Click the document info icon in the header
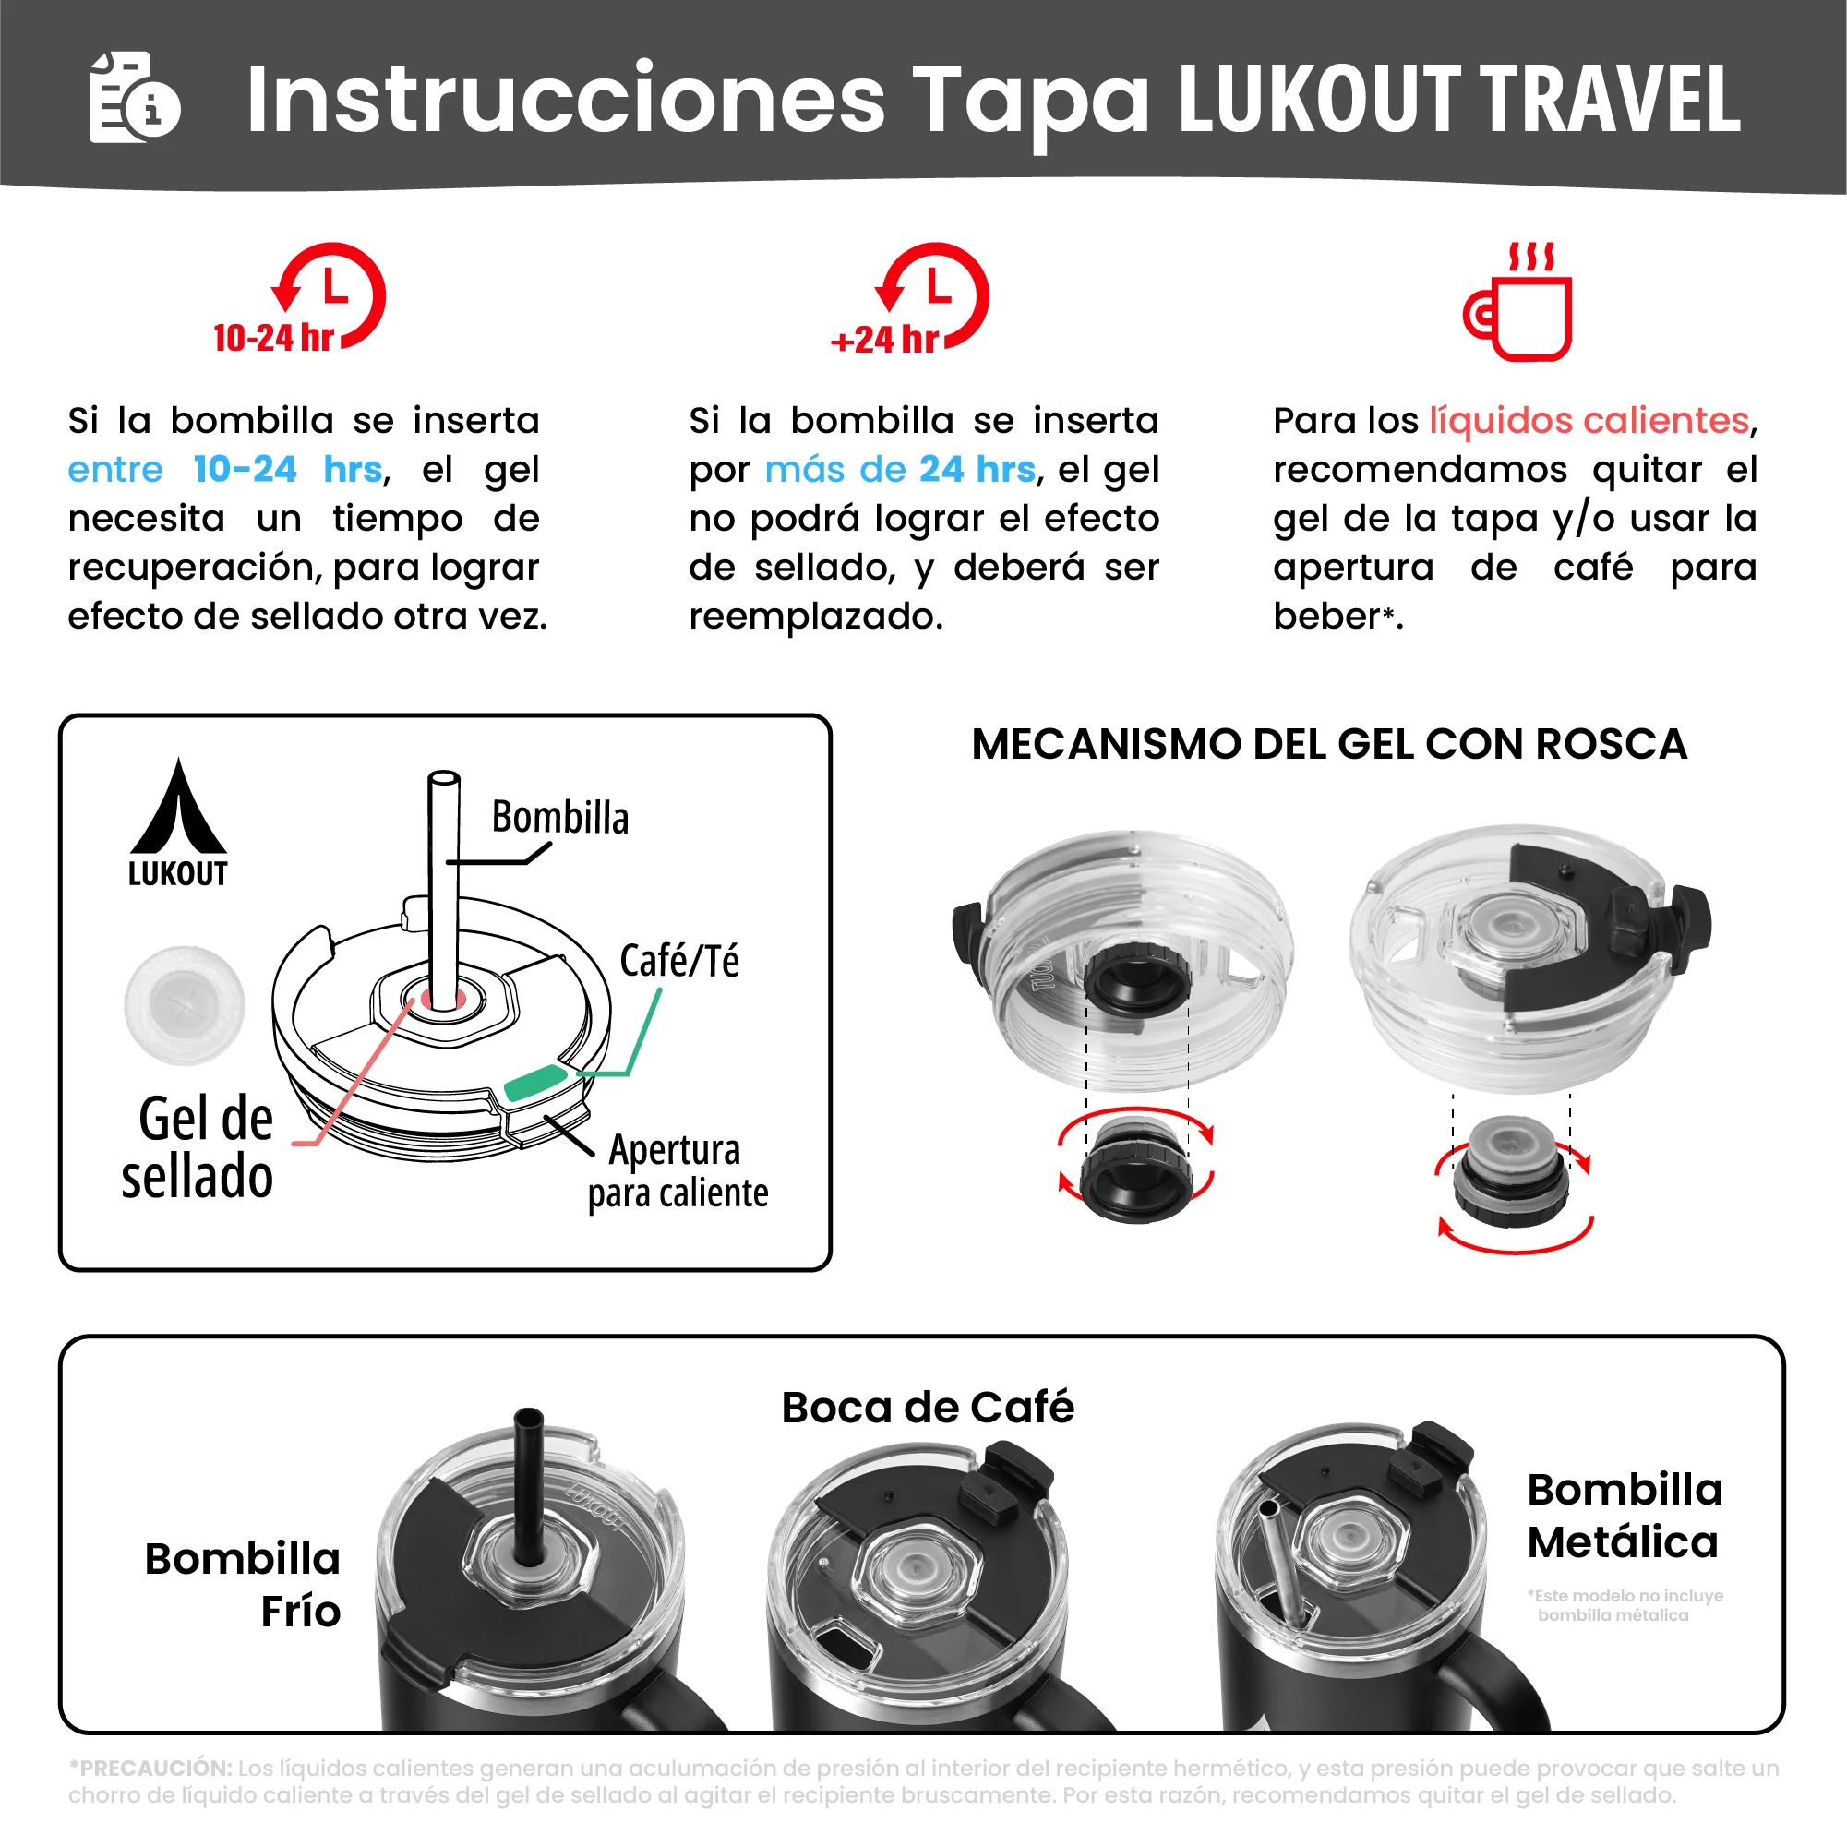[x=134, y=98]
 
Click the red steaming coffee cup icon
[x=1520, y=304]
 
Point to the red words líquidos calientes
[x=1589, y=421]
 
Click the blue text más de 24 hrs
[x=900, y=470]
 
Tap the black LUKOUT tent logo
[x=179, y=823]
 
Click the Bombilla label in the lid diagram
[x=560, y=819]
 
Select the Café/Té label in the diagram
[x=678, y=961]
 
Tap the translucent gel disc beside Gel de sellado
[x=185, y=1005]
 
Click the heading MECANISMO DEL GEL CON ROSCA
[x=1329, y=745]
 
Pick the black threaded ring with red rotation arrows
[x=1135, y=1172]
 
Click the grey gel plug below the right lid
[x=1510, y=1172]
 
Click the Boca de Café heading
[x=928, y=1408]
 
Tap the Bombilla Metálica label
[x=1625, y=1517]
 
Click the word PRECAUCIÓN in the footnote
[x=155, y=1769]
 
